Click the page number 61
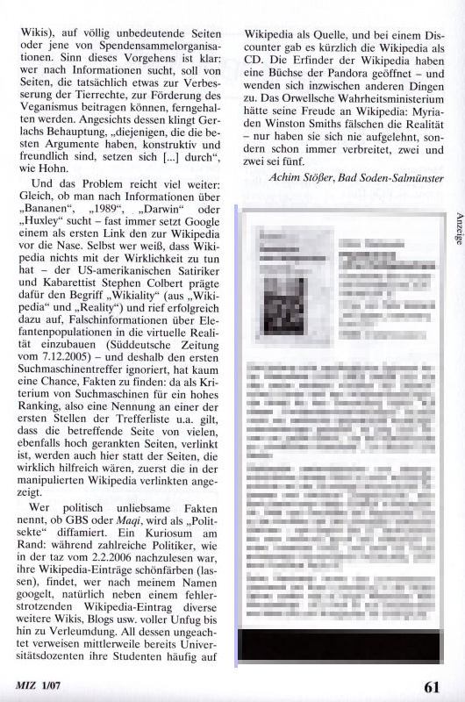click(430, 687)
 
